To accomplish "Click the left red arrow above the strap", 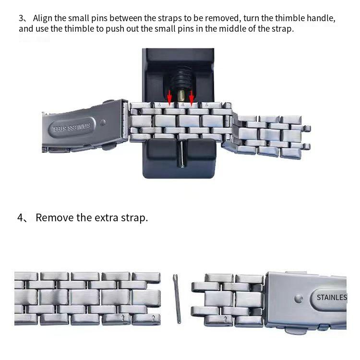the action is pyautogui.click(x=169, y=97).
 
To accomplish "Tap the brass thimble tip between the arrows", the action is pyautogui.click(x=181, y=96).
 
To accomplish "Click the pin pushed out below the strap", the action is pyautogui.click(x=182, y=154).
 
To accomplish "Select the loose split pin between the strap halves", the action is pyautogui.click(x=177, y=299).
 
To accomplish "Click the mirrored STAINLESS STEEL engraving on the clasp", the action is pyautogui.click(x=72, y=127).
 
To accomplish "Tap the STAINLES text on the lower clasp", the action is pyautogui.click(x=332, y=298).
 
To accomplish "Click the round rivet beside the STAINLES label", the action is pyautogui.click(x=299, y=299).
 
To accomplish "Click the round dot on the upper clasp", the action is pyautogui.click(x=103, y=122).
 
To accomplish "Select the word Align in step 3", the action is pyautogui.click(x=43, y=18).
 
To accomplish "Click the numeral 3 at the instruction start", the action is pyautogui.click(x=21, y=18).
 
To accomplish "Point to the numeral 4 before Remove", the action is pyautogui.click(x=20, y=217).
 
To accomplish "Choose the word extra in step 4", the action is pyautogui.click(x=107, y=218).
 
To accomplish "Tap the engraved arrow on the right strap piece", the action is pyautogui.click(x=225, y=319).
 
